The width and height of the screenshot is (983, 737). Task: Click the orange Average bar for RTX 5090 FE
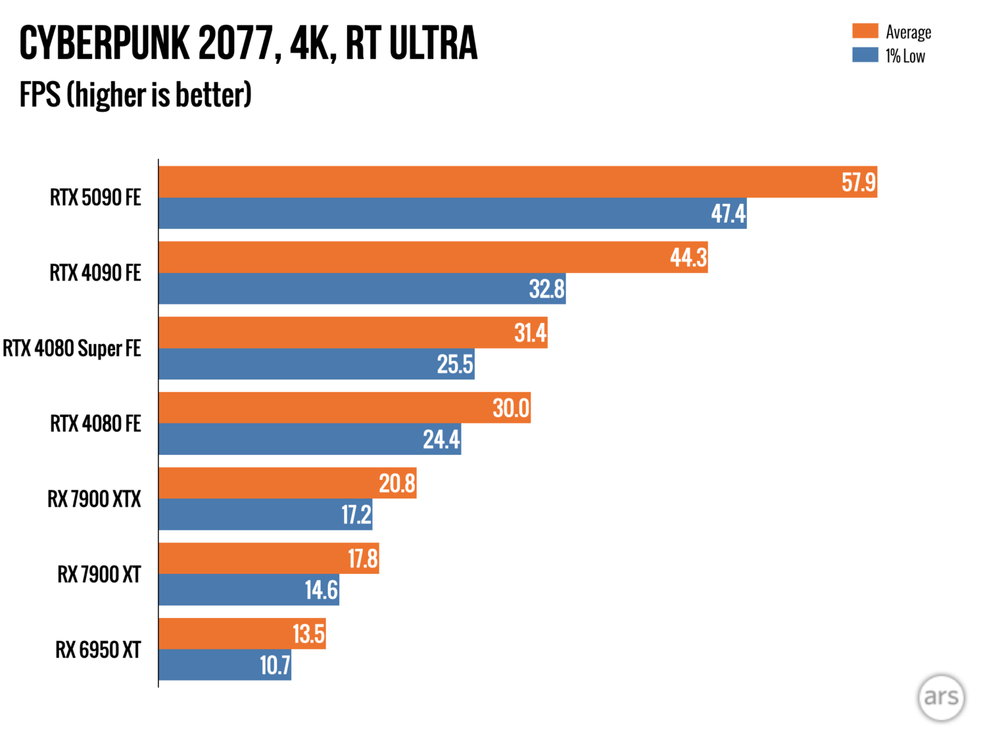click(499, 182)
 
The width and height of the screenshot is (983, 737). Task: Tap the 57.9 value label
click(858, 182)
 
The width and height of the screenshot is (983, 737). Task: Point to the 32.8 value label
click(547, 289)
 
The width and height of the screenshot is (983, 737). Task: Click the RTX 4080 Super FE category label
click(72, 349)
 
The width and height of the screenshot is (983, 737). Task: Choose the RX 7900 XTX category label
click(94, 499)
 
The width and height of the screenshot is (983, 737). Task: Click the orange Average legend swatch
click(865, 31)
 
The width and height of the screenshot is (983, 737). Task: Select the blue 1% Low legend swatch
click(865, 55)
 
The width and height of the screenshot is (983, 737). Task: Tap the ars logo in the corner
click(941, 697)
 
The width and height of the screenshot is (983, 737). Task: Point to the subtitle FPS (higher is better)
click(135, 95)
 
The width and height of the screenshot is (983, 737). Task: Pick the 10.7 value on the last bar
click(275, 665)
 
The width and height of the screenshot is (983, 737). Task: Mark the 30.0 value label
click(511, 408)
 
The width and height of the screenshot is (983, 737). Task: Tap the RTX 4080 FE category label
click(95, 424)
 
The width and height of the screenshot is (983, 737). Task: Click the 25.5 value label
click(455, 365)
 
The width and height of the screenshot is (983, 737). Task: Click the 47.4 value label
click(728, 214)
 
